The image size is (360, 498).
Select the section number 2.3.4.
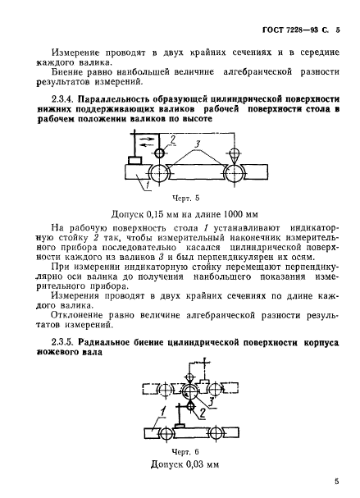point(64,98)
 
